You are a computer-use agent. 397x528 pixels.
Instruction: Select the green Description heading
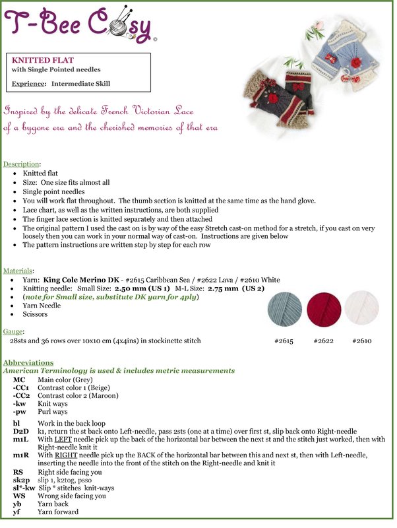pyautogui.click(x=22, y=164)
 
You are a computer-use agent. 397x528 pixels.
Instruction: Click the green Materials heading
pyautogui.click(x=19, y=271)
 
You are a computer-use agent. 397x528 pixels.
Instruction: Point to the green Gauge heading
pyautogui.click(x=15, y=331)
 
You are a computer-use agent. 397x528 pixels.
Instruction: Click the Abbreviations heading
pyautogui.click(x=28, y=363)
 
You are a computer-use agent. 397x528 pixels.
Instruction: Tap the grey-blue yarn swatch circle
pyautogui.click(x=285, y=308)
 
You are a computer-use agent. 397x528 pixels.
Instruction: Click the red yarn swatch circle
pyautogui.click(x=323, y=308)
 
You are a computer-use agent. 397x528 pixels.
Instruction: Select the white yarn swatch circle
pyautogui.click(x=361, y=308)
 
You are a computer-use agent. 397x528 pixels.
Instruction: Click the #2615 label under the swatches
pyautogui.click(x=284, y=341)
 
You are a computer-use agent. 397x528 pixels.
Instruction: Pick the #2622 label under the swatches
pyautogui.click(x=323, y=341)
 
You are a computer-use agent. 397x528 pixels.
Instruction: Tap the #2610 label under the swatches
pyautogui.click(x=362, y=341)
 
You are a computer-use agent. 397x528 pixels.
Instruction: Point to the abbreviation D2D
pyautogui.click(x=21, y=430)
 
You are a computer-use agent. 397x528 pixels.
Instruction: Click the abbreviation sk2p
pyautogui.click(x=21, y=480)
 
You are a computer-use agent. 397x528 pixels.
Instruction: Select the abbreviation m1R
pyautogui.click(x=21, y=455)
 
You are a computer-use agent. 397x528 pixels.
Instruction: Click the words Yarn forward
pyautogui.click(x=58, y=511)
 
